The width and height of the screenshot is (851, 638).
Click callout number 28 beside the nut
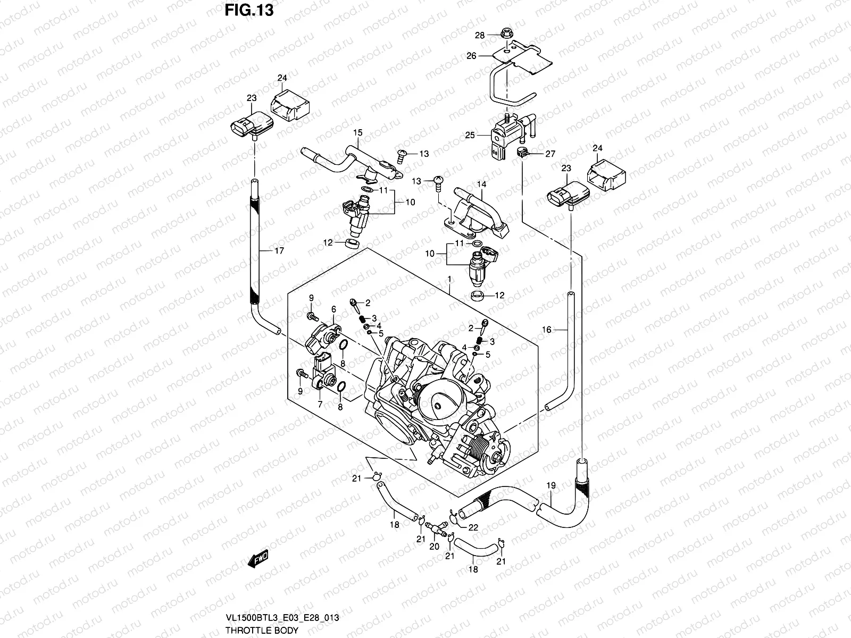(x=480, y=36)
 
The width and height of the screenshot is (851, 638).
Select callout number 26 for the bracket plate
(x=471, y=56)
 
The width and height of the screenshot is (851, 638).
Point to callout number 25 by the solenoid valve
(x=470, y=135)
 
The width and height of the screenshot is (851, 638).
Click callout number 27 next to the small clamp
(x=550, y=154)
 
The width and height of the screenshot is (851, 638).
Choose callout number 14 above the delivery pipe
(x=481, y=184)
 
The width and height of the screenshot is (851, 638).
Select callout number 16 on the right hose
(x=547, y=330)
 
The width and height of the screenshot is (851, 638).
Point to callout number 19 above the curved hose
(x=551, y=485)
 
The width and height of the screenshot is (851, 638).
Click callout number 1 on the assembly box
(x=449, y=279)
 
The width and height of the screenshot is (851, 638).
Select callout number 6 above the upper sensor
(x=333, y=309)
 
